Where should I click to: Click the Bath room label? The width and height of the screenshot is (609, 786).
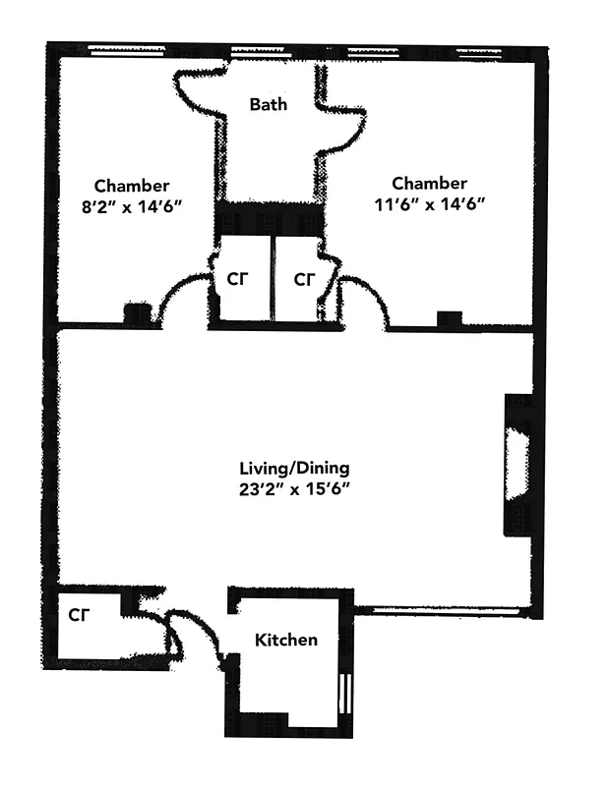coord(269,104)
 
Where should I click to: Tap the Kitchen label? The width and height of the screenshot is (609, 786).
coord(286,641)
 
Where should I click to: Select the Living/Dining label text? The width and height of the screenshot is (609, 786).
coord(295,468)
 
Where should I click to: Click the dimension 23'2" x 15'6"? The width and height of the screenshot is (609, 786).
coord(295,487)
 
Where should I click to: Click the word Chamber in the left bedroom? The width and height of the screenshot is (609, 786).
coord(132,185)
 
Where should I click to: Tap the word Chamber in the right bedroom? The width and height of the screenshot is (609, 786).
coord(429,183)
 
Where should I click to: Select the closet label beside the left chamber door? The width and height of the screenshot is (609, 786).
coord(237,279)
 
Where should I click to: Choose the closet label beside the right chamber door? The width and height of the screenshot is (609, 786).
coord(304,279)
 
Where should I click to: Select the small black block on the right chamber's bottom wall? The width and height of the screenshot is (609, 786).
coord(450,317)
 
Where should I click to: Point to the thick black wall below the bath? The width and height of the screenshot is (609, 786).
coord(269,217)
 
